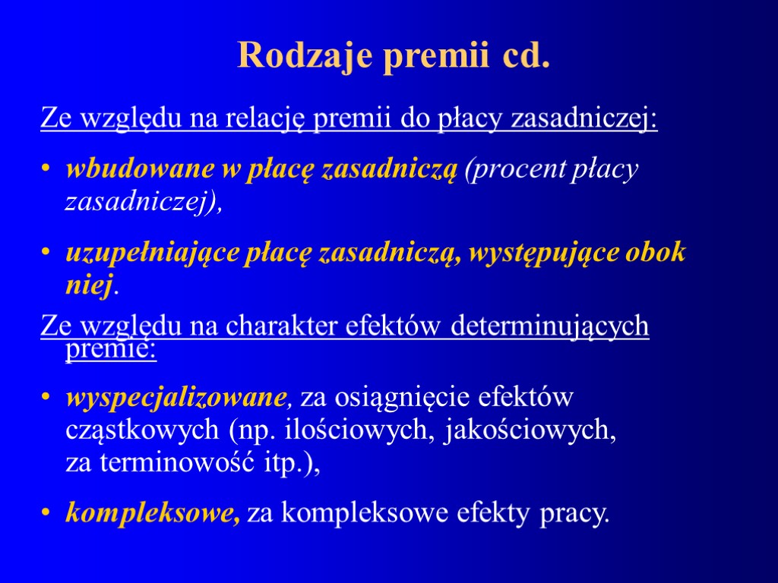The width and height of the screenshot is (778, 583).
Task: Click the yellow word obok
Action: (x=658, y=252)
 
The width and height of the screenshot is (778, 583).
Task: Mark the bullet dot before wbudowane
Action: (x=47, y=171)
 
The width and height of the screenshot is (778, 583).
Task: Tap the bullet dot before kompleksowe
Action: (x=47, y=515)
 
